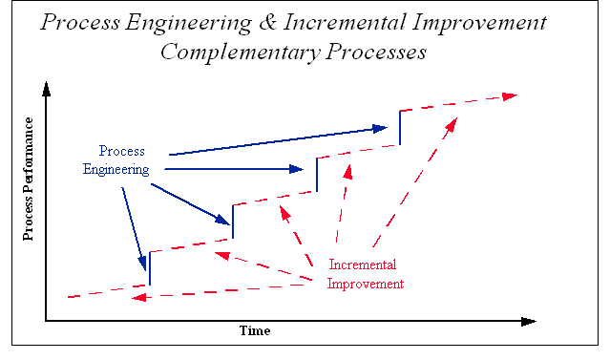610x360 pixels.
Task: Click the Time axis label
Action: [x=254, y=331]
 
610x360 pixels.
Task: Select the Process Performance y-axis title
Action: [x=30, y=179]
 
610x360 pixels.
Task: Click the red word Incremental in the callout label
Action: [x=362, y=265]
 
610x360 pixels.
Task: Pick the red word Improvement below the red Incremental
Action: [x=366, y=284]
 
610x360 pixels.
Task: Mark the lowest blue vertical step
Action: [x=149, y=268]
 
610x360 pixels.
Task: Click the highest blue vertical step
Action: [x=400, y=127]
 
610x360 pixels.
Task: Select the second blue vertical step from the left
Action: [x=233, y=222]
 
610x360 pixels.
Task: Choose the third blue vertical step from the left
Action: [x=316, y=175]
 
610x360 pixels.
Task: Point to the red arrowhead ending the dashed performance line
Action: [x=510, y=95]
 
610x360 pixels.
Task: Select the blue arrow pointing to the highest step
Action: [x=277, y=139]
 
